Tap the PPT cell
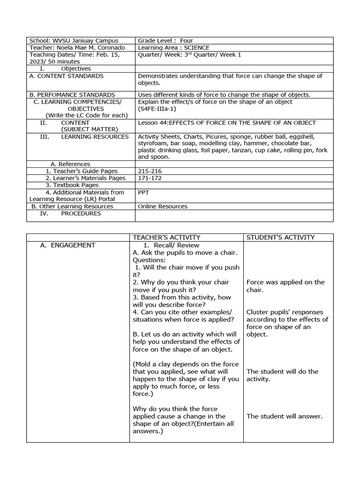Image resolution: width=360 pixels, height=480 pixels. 144,192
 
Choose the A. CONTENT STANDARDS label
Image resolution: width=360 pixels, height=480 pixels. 66,76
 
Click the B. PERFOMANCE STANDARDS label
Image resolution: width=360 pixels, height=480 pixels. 72,95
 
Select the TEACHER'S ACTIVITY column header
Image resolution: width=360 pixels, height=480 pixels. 166,238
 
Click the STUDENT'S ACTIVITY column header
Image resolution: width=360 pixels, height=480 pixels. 280,238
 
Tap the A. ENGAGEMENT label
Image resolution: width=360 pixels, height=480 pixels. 67,245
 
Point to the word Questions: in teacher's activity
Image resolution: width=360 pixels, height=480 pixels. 149,260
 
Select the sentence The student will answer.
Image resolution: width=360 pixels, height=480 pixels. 285,416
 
